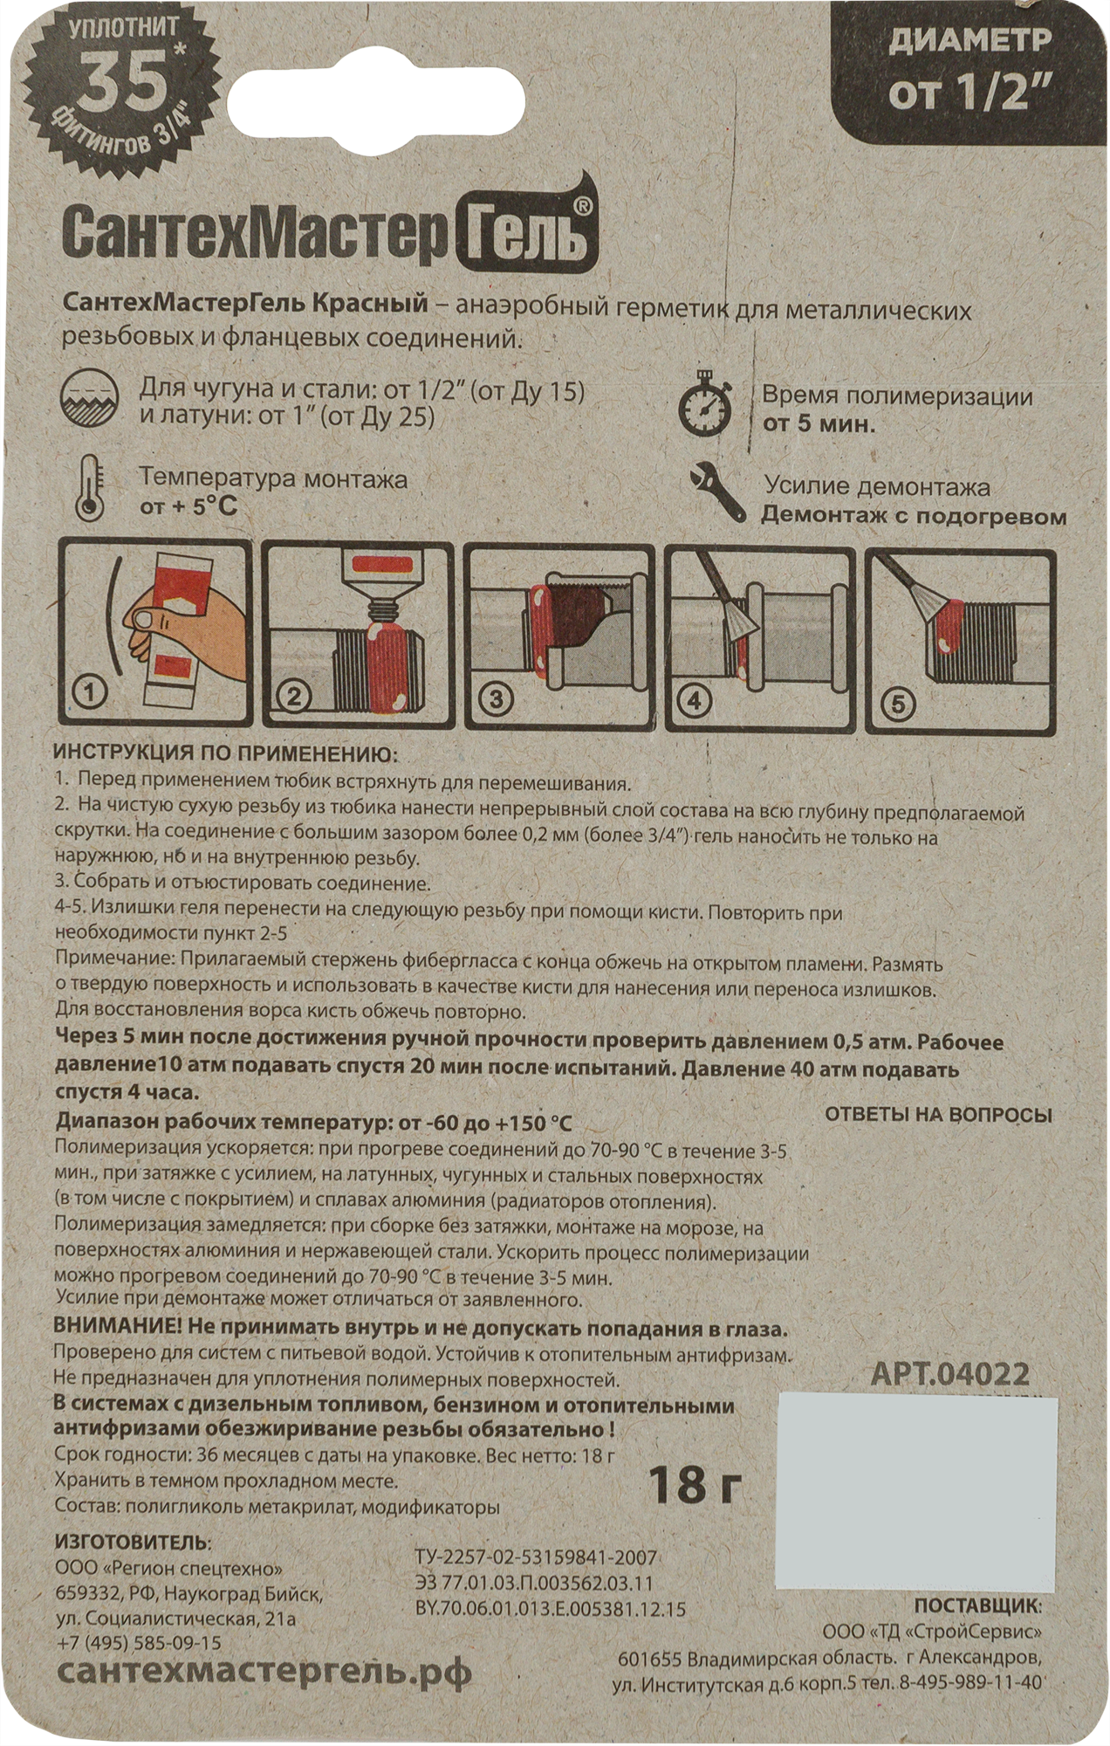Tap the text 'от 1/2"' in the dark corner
point(969,93)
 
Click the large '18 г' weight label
point(695,1483)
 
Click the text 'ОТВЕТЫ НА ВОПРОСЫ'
point(938,1115)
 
